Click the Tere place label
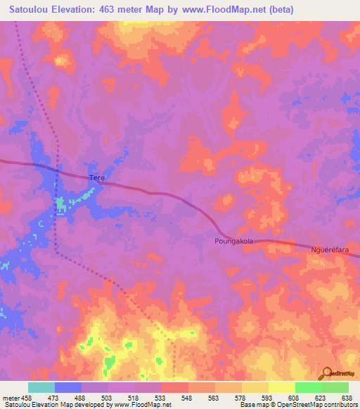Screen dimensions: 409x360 pyautogui.click(x=96, y=178)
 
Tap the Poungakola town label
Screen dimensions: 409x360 pyautogui.click(x=233, y=240)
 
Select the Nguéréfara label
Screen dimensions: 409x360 pyautogui.click(x=330, y=249)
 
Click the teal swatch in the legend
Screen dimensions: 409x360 pyautogui.click(x=41, y=387)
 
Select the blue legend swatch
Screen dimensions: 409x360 pyautogui.click(x=68, y=387)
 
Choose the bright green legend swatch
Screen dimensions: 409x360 pyautogui.click(x=309, y=387)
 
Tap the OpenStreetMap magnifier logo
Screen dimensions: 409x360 pyautogui.click(x=327, y=373)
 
